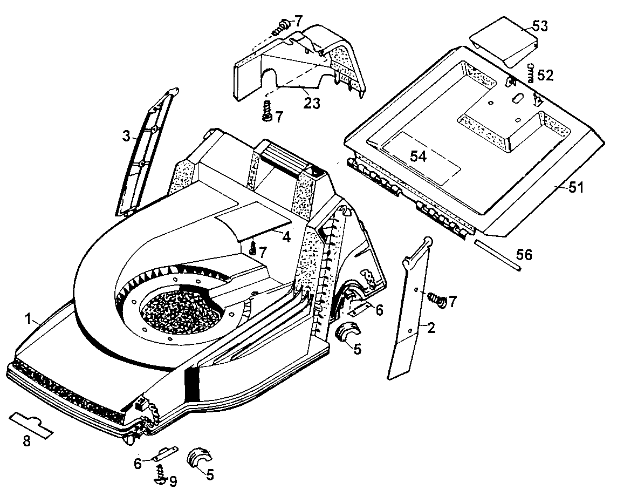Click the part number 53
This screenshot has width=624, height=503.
click(539, 26)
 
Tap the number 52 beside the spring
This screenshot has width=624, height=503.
click(545, 74)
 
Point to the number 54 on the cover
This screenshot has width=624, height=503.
click(419, 157)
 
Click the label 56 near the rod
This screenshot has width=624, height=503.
click(524, 254)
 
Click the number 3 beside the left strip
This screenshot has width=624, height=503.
click(126, 137)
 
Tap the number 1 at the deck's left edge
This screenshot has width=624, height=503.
click(28, 319)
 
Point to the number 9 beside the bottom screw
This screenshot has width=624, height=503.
click(173, 481)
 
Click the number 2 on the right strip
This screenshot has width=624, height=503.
click(431, 327)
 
